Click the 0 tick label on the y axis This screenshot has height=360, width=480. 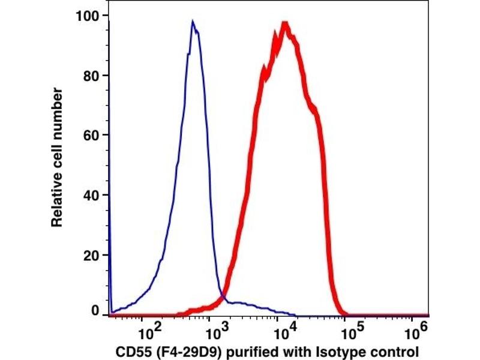(x=95, y=310)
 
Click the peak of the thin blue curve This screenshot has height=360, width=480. (x=193, y=22)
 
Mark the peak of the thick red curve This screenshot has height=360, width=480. (x=286, y=25)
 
